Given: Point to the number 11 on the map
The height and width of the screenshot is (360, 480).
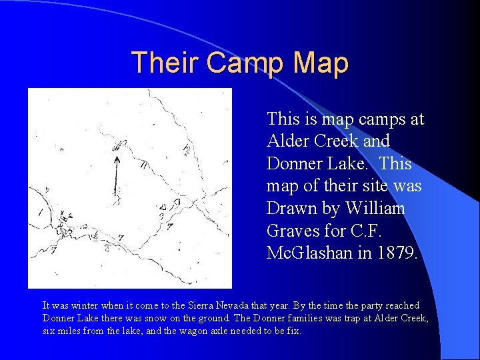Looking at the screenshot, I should click(x=143, y=167).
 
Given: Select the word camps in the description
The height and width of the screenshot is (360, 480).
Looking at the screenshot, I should click(x=368, y=119).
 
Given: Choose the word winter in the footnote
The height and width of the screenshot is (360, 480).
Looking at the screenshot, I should click(x=85, y=305).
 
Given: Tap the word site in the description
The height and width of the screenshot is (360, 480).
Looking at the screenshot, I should click(x=373, y=186).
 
